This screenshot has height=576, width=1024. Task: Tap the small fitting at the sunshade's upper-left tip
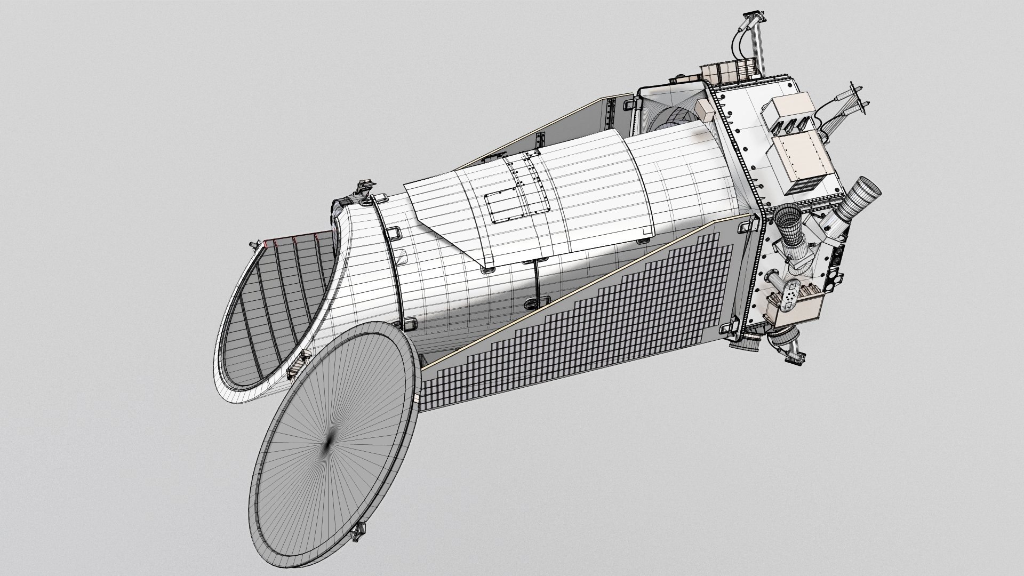tap(255, 246)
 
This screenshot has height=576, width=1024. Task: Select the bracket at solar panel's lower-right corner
tap(733, 325)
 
